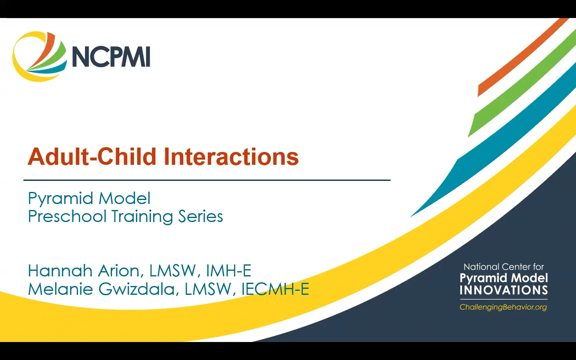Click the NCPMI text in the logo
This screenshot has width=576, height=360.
click(x=111, y=56)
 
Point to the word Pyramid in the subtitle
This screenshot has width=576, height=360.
click(x=61, y=198)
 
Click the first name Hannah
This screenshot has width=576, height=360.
click(x=60, y=271)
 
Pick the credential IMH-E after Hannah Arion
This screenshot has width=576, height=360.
click(x=228, y=271)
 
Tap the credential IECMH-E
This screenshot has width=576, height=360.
click(x=275, y=289)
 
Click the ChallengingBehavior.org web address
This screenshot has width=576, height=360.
click(x=503, y=307)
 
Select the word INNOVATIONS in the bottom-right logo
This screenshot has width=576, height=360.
click(x=504, y=290)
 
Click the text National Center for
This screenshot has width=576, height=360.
click(x=504, y=267)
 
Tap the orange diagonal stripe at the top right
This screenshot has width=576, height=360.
click(x=520, y=60)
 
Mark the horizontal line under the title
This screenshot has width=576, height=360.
click(x=207, y=180)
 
